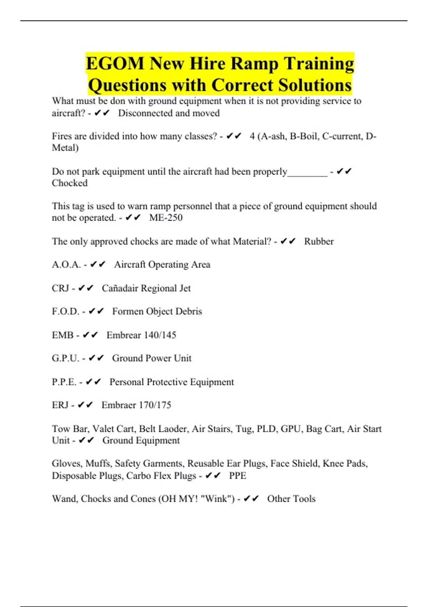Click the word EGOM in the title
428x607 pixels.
[x=115, y=64]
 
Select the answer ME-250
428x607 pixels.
[x=166, y=217]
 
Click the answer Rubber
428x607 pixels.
[x=319, y=241]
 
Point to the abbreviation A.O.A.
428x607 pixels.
[x=66, y=265]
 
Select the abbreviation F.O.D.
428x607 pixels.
[x=66, y=311]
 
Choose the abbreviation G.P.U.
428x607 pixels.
[x=66, y=358]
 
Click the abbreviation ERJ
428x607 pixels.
[x=60, y=405]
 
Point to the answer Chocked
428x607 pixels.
[x=70, y=183]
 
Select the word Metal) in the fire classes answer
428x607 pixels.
[x=65, y=148]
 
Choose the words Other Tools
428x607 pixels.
[x=291, y=498]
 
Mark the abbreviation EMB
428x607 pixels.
[x=63, y=335]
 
